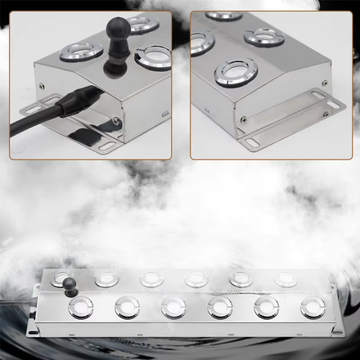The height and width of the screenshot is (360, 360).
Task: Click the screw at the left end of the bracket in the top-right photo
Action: click(x=243, y=119)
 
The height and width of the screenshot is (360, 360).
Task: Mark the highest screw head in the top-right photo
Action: click(x=325, y=83)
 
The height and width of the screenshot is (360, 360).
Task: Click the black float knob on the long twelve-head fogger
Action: click(x=70, y=285)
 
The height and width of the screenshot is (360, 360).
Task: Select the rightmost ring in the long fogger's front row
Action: click(x=312, y=307)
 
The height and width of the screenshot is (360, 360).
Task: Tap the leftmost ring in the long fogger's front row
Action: click(x=81, y=307)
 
